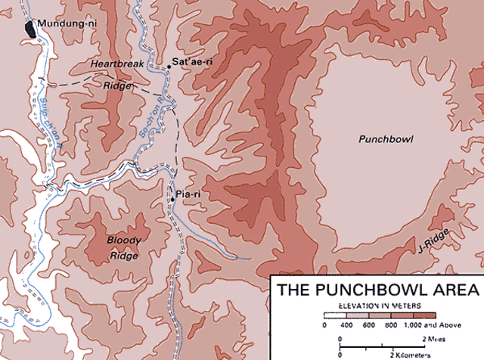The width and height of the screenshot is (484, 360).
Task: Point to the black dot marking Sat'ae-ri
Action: coord(169,67)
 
